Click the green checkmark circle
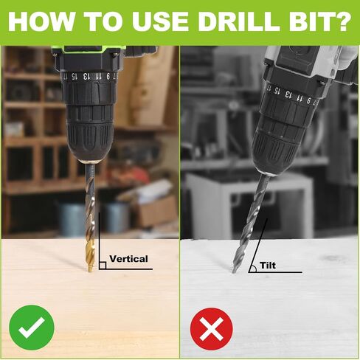(32, 328)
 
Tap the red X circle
(212, 329)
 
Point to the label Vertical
(128, 259)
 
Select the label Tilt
(268, 266)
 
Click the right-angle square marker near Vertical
(103, 266)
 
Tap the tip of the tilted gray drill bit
(233, 272)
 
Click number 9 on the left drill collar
(108, 77)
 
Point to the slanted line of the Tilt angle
(258, 246)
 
